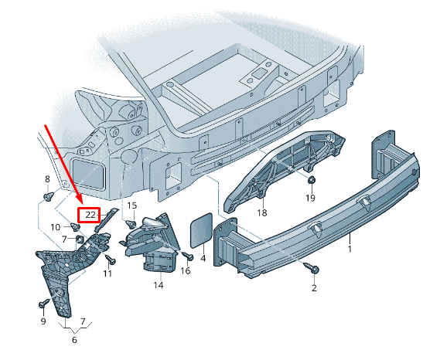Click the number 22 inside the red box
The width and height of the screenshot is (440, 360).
click(90, 215)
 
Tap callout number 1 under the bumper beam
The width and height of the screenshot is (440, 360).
click(350, 249)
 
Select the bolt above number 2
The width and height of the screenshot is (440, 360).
click(312, 268)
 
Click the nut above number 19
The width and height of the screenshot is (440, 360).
click(311, 180)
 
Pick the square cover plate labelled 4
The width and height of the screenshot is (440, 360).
click(202, 230)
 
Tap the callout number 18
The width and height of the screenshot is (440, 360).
click(262, 212)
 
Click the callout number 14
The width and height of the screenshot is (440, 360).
click(159, 285)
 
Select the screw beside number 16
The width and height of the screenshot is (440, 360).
click(187, 256)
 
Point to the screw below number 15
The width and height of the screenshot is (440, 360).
click(131, 223)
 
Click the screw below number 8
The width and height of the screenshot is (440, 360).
click(48, 197)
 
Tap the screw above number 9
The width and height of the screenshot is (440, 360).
click(44, 303)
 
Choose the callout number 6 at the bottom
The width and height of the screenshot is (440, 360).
click(74, 340)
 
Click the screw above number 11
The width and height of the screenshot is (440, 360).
click(110, 259)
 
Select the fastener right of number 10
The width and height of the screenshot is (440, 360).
click(74, 227)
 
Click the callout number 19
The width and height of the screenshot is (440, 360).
click(310, 198)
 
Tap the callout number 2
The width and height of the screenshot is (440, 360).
click(314, 288)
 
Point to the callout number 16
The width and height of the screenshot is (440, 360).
click(186, 271)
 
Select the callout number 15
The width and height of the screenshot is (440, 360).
click(132, 205)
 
